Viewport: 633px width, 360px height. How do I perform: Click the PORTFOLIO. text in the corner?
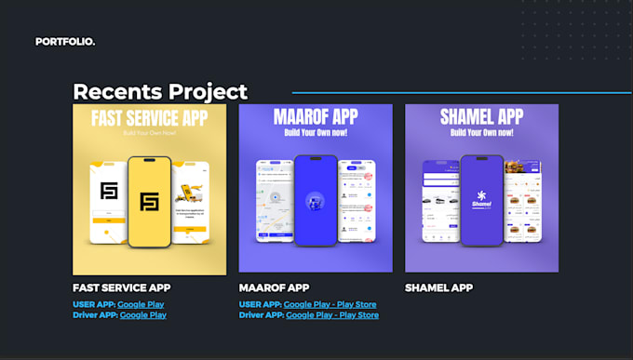tap(65, 42)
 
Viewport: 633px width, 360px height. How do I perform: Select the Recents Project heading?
tap(160, 91)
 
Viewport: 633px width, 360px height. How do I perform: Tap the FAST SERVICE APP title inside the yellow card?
tap(149, 119)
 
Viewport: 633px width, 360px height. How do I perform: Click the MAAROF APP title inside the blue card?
tap(315, 117)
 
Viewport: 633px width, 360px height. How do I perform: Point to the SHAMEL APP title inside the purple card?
tap(481, 117)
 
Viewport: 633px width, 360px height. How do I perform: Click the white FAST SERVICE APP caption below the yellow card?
tap(121, 287)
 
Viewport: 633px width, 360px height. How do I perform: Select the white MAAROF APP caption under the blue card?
tap(274, 287)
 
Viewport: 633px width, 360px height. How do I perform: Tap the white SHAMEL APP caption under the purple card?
tap(438, 287)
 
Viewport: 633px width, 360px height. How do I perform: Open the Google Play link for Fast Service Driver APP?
tap(142, 315)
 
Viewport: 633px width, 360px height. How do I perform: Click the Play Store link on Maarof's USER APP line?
tap(357, 304)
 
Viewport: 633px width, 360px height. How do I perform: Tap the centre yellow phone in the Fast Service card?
tap(149, 201)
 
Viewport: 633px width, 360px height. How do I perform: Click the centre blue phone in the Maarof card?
tap(315, 201)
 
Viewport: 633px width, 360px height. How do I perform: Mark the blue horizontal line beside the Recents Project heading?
tap(461, 93)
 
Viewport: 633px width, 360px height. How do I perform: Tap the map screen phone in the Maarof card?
tap(274, 202)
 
